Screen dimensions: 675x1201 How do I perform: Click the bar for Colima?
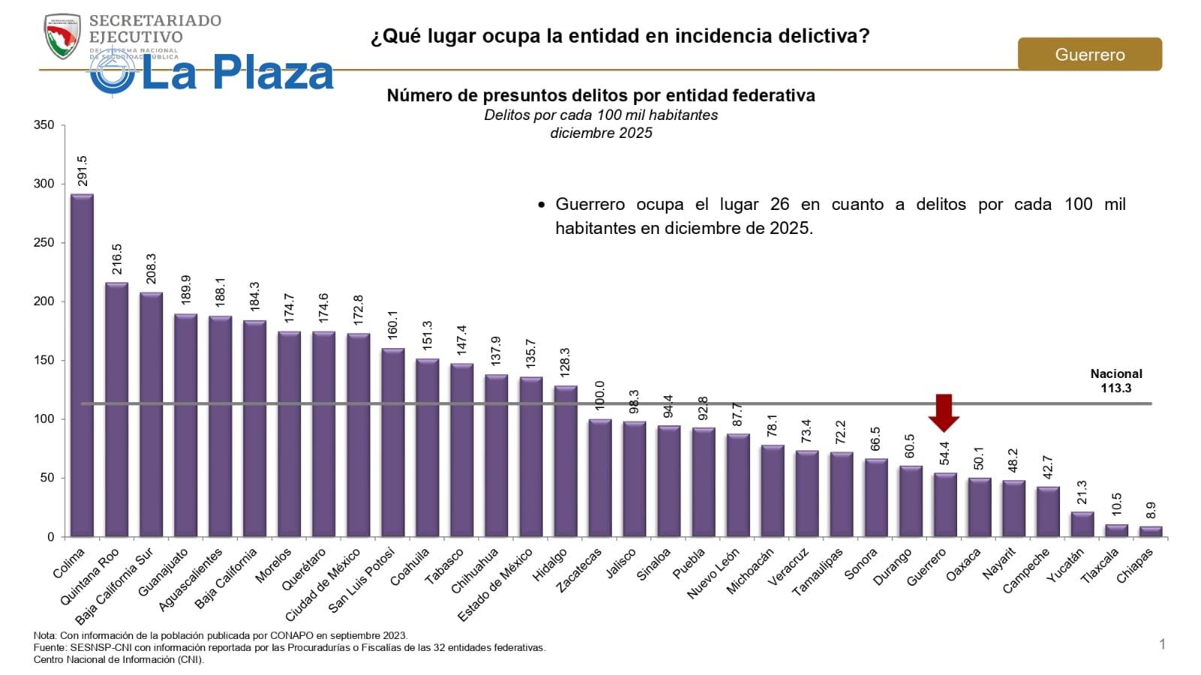pos(83,366)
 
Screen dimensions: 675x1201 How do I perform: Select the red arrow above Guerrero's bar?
pos(944,412)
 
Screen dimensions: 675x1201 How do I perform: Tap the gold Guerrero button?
pos(1089,55)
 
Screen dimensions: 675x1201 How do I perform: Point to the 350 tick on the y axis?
pos(44,125)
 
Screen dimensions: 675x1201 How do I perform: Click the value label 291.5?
pos(83,171)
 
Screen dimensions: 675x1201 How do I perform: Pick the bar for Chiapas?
pos(1151,532)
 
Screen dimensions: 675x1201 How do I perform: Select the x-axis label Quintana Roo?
pos(90,577)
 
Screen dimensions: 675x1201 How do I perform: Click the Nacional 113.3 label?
pos(1116,381)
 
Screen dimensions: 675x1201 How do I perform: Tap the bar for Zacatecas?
pos(600,478)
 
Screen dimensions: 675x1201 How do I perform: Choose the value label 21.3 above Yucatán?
pos(1082,493)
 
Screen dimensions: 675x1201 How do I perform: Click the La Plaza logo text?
pos(236,73)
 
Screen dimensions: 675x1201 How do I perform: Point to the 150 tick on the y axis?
pos(44,361)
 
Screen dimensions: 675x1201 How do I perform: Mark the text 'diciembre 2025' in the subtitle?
pos(601,133)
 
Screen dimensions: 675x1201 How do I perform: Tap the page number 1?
pos(1162,644)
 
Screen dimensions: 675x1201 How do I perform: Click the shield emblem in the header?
pos(62,36)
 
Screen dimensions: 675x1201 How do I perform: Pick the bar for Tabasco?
pos(462,450)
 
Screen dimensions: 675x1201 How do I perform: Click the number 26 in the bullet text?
pos(780,204)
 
